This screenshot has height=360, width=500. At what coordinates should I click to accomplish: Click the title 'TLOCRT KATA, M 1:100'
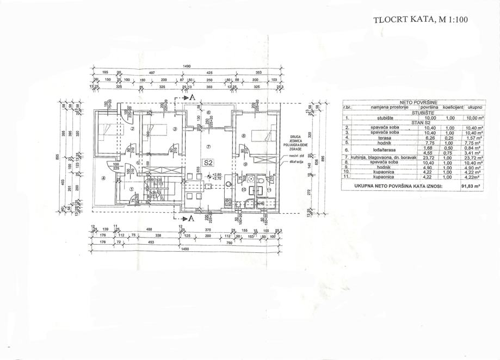tap(421, 20)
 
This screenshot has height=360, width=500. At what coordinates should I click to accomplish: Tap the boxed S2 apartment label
tap(207, 162)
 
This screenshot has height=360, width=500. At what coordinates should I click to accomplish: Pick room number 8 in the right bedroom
tap(244, 136)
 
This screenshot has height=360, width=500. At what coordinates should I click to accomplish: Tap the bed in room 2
tap(107, 131)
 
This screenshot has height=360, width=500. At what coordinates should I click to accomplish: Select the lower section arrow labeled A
tap(190, 218)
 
